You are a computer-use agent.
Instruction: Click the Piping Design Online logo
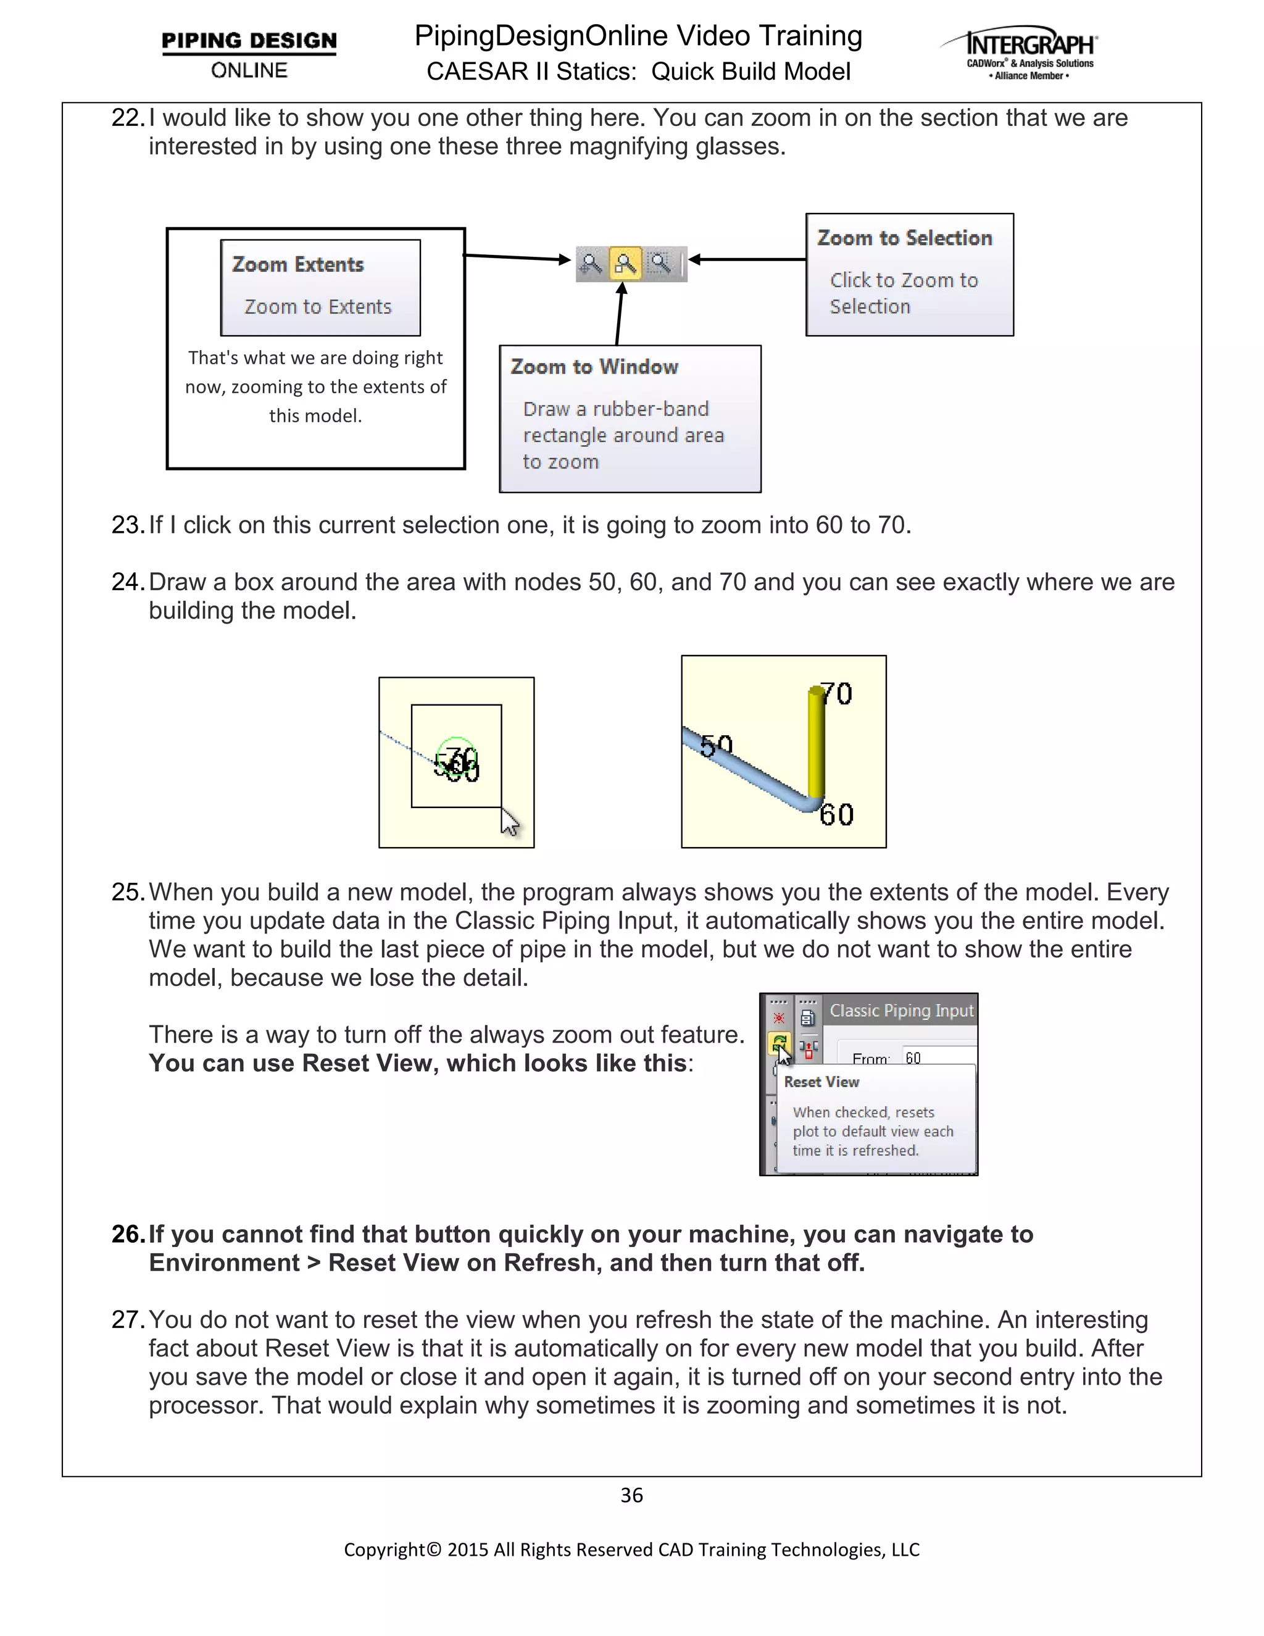coord(249,54)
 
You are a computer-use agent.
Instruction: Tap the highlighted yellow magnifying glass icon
coord(625,263)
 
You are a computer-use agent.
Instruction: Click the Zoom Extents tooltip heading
coord(297,264)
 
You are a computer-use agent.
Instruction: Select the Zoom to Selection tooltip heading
coord(905,238)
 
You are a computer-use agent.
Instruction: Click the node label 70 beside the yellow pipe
coord(836,694)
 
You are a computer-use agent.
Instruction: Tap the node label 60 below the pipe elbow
coord(836,814)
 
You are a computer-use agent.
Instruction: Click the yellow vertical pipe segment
coord(816,741)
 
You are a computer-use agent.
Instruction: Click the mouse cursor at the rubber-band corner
coord(509,822)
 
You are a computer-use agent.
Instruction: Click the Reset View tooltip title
coord(821,1082)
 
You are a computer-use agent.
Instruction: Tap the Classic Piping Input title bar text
coord(901,1011)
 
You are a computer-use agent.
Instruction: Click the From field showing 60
coord(936,1058)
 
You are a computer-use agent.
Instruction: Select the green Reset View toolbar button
coord(779,1042)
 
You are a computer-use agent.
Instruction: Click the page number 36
coord(631,1495)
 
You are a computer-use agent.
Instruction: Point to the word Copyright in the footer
coord(384,1549)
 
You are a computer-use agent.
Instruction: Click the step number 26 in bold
coord(127,1233)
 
